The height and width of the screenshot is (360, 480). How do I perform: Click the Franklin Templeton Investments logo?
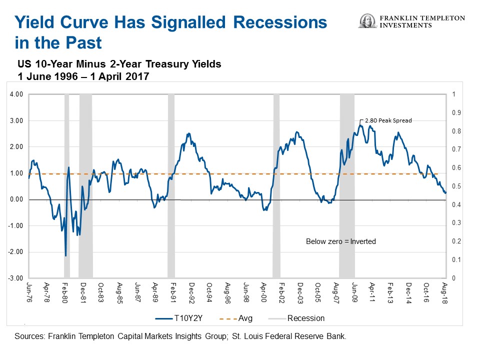point(411,21)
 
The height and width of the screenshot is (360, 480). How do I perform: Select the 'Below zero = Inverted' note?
point(340,241)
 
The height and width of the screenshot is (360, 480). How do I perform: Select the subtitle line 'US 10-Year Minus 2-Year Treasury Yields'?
point(119,64)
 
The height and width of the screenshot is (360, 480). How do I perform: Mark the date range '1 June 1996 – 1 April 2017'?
point(83,76)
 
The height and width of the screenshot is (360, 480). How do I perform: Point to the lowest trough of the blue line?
point(65,256)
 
